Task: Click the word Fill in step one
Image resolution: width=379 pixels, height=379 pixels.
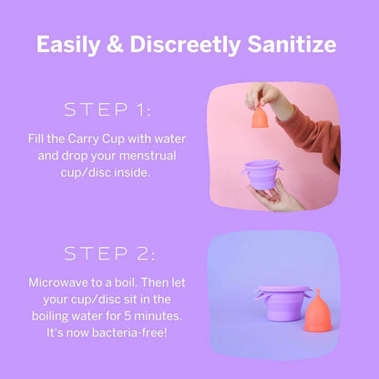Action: [x=39, y=141]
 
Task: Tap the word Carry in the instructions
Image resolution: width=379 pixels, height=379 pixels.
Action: [x=88, y=141]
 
